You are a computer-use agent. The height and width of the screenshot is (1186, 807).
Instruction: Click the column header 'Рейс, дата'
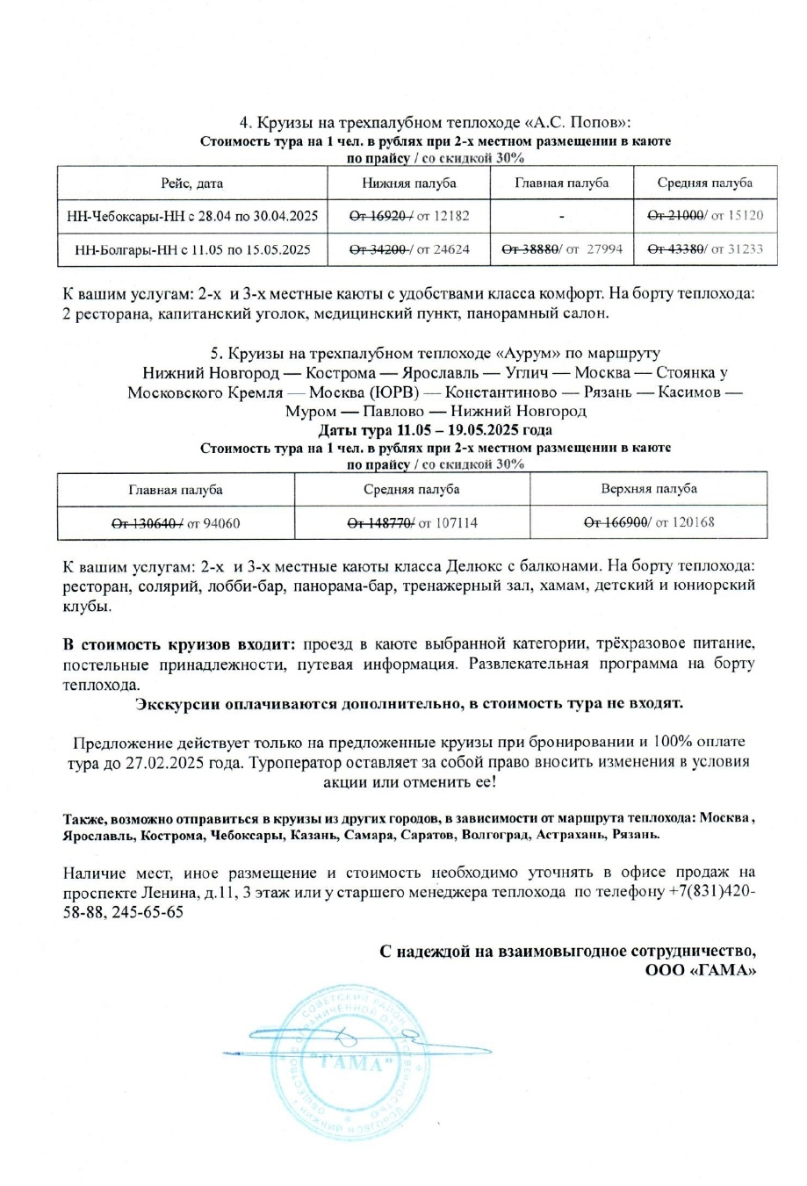click(191, 183)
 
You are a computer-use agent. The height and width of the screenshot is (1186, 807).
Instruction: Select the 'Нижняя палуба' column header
click(408, 183)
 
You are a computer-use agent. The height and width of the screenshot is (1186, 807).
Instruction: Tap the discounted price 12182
click(449, 215)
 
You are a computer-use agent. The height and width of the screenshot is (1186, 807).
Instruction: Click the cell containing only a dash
click(561, 215)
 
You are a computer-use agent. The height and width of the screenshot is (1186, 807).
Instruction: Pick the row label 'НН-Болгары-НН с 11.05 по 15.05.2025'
click(191, 249)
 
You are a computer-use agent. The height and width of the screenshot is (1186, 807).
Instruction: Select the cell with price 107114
click(449, 523)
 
